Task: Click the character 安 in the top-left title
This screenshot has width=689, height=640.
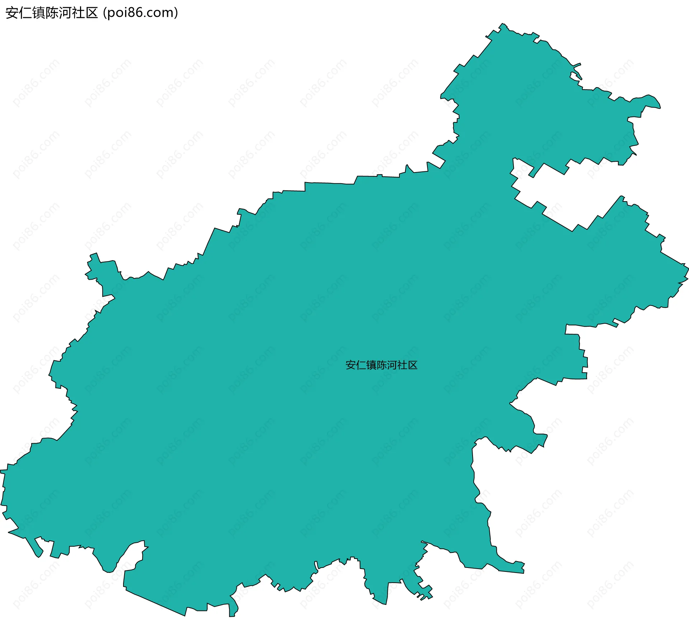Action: click(12, 13)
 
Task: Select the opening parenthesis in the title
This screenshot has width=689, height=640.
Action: click(104, 13)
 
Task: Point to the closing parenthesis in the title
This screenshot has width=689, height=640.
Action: click(176, 13)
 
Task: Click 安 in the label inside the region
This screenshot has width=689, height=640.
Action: click(351, 365)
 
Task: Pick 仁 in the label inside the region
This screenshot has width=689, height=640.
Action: click(361, 365)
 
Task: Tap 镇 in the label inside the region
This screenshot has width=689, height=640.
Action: click(371, 365)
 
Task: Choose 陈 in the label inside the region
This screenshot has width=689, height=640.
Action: click(382, 365)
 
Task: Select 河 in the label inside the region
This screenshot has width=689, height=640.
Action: click(392, 365)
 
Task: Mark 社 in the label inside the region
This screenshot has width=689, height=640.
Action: click(402, 365)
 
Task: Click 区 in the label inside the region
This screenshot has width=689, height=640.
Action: click(413, 365)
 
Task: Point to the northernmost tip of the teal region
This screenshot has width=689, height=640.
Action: click(502, 23)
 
